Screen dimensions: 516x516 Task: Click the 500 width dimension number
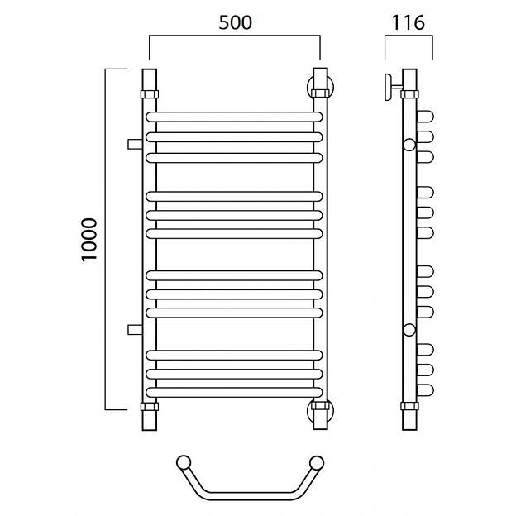[236, 22]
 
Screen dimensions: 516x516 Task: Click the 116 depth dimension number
[408, 22]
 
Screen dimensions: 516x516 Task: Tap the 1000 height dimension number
[89, 240]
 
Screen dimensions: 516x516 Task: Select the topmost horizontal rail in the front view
[234, 117]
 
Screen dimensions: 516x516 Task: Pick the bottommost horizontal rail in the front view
[234, 392]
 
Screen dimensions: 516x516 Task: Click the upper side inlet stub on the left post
[135, 144]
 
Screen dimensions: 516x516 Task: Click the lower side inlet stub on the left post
[135, 329]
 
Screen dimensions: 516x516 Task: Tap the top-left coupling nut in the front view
[150, 94]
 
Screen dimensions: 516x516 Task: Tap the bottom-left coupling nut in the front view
[150, 406]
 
